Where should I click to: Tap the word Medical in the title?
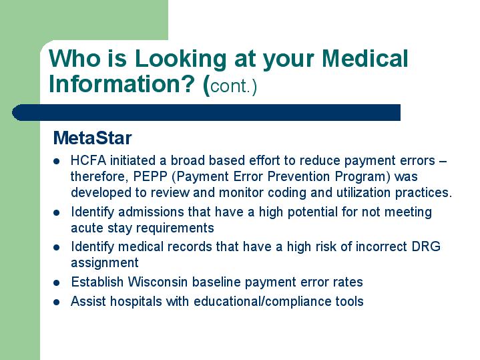(x=365, y=58)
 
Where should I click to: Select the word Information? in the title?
(x=122, y=85)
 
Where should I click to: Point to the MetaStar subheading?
(x=92, y=138)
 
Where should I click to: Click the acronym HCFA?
(x=88, y=160)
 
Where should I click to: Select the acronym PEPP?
(x=150, y=176)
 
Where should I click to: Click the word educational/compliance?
(x=262, y=302)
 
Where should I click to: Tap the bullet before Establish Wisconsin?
(x=57, y=283)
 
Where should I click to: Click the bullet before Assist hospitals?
(x=57, y=302)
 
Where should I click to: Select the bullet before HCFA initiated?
(x=57, y=161)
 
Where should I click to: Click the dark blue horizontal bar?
(x=206, y=112)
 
